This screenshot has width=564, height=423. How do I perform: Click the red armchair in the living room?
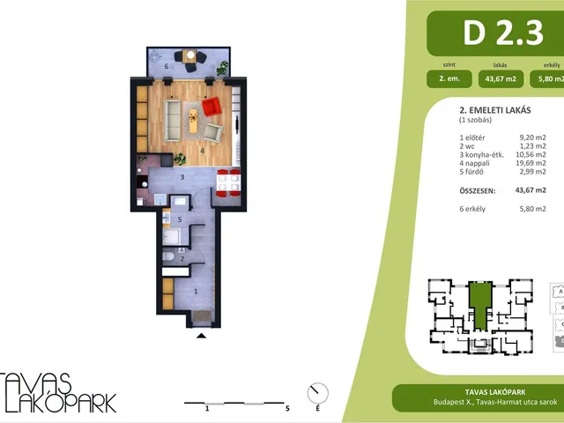[211, 107]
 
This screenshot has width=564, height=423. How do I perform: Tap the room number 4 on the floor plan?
[203, 151]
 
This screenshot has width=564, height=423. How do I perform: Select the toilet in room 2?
[168, 256]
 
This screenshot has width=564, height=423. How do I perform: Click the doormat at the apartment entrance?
[202, 316]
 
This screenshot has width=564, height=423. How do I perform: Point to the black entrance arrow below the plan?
[202, 336]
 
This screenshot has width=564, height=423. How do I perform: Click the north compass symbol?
[317, 394]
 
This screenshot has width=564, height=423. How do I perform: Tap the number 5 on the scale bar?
[287, 408]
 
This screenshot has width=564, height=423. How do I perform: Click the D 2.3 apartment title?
[503, 33]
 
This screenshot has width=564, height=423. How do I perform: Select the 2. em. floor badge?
[449, 78]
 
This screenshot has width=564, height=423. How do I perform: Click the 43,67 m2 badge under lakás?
[501, 78]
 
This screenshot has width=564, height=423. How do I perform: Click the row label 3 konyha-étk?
[482, 155]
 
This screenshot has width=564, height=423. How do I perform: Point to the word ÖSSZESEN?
[478, 191]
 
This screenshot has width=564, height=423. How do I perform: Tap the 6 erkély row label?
[472, 209]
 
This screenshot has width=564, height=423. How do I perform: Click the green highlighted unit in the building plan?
[480, 306]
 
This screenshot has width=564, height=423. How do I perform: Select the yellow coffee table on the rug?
[194, 120]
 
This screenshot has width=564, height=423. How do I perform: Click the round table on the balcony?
[189, 56]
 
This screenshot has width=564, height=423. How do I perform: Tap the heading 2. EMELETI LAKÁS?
[495, 110]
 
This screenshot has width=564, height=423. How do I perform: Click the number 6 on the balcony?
[167, 66]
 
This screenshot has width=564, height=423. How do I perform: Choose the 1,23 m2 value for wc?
[532, 146]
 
